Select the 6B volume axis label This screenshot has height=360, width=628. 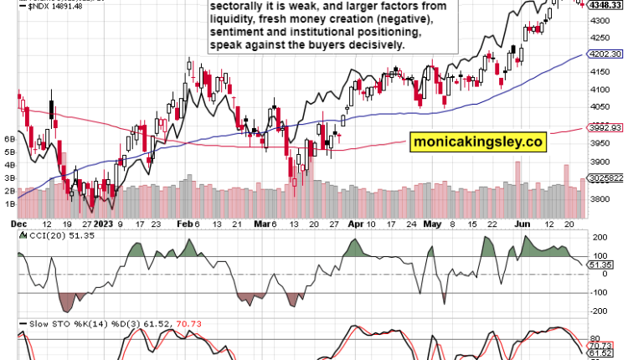pyautogui.click(x=10, y=138)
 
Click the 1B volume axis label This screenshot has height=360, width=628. pyautogui.click(x=10, y=203)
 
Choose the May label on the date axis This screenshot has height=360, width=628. pyautogui.click(x=432, y=224)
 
